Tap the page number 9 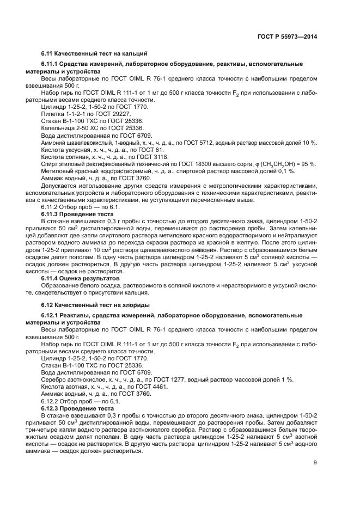315,463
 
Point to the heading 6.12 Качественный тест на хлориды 95,304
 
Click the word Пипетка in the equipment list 53,114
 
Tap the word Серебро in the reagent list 54,379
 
